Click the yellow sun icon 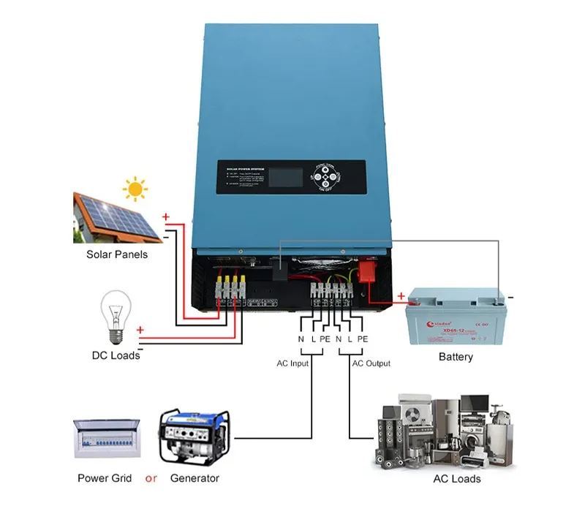tap(135, 189)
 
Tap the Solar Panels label tap(117, 254)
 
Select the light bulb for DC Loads tap(115, 316)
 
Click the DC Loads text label tap(116, 355)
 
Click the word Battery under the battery tap(456, 357)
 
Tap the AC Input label tap(292, 363)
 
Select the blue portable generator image tap(194, 437)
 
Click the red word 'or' tap(151, 478)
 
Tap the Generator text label tap(195, 478)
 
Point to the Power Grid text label tap(105, 478)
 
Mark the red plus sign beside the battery tap(401, 297)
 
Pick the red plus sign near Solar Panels tap(166, 217)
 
